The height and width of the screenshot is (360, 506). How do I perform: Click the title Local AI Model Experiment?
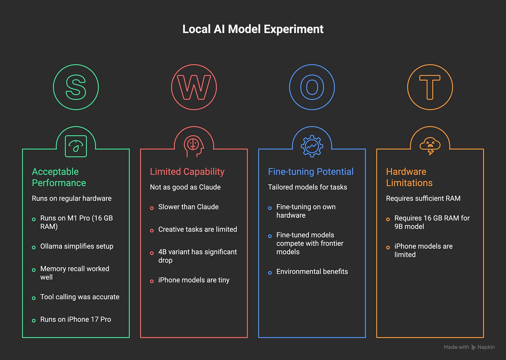pyautogui.click(x=253, y=29)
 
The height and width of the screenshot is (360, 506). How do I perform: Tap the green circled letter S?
pyautogui.click(x=76, y=87)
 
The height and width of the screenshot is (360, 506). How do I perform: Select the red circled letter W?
pyautogui.click(x=194, y=87)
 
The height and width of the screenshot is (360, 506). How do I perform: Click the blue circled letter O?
pyautogui.click(x=312, y=87)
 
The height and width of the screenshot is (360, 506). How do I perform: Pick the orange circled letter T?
pyautogui.click(x=430, y=87)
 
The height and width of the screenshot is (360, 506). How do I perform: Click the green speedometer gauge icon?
pyautogui.click(x=76, y=146)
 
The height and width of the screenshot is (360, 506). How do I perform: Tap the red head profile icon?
pyautogui.click(x=194, y=146)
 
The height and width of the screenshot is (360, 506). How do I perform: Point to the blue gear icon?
pyautogui.click(x=312, y=146)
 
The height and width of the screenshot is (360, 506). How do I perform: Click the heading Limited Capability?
pyautogui.click(x=187, y=172)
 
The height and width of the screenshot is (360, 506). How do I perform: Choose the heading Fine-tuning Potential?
pyautogui.click(x=310, y=172)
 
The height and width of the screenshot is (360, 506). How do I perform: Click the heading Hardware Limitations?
pyautogui.click(x=409, y=177)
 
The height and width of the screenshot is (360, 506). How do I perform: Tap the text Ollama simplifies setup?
pyautogui.click(x=77, y=246)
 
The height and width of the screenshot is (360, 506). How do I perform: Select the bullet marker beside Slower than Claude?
pyautogui.click(x=152, y=208)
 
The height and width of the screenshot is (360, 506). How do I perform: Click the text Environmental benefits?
pyautogui.click(x=312, y=272)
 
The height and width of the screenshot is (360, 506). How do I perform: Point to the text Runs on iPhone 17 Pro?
pyautogui.click(x=75, y=319)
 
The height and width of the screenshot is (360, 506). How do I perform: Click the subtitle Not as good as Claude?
pyautogui.click(x=185, y=187)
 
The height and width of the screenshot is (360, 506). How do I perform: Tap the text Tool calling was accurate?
pyautogui.click(x=80, y=297)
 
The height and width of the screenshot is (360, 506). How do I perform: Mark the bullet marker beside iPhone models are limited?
pyautogui.click(x=388, y=248)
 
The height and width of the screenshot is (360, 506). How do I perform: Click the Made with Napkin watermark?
pyautogui.click(x=469, y=347)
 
